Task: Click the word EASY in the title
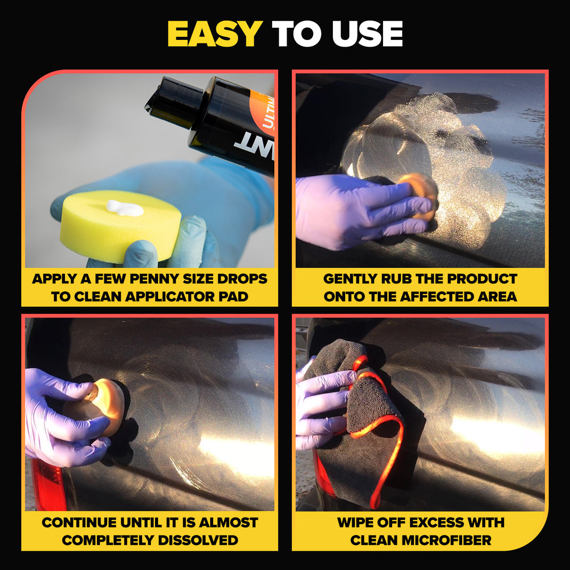pos(215,34)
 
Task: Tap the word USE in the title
pos(367,34)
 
